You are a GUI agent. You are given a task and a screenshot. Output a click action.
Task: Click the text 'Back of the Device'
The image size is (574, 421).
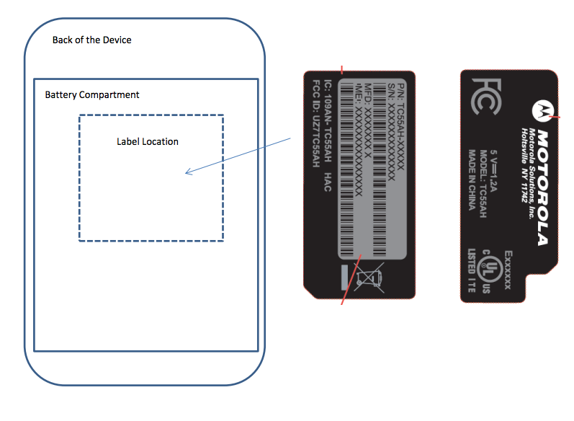pyautogui.click(x=92, y=40)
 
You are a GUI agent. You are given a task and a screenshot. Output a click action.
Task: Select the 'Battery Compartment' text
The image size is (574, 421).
pyautogui.click(x=92, y=94)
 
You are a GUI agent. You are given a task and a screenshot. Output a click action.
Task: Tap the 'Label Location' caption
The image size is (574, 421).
pyautogui.click(x=148, y=141)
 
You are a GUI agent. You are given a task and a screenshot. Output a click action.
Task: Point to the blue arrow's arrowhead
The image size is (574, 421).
pyautogui.click(x=188, y=172)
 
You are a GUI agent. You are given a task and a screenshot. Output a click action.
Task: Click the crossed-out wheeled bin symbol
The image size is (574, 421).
pyautogui.click(x=372, y=277)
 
